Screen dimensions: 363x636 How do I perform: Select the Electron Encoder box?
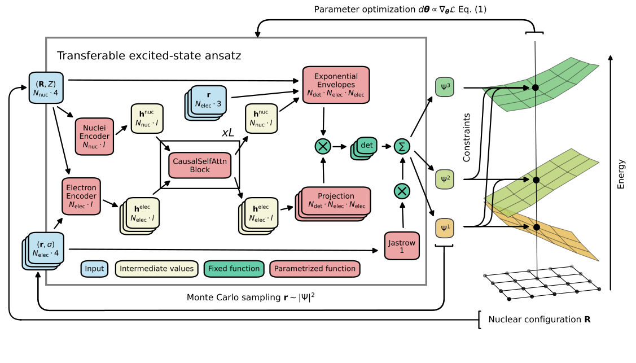81,196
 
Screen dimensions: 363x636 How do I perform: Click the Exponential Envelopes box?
336,85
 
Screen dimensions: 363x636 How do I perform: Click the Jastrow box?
401,246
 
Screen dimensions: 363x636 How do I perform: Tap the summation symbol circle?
402,146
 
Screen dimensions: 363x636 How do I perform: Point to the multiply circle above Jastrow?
402,191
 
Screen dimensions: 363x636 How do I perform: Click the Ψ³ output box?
444,88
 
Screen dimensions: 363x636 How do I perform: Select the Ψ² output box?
444,180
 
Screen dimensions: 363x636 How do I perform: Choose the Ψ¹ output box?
444,229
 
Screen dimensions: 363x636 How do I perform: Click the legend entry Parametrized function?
315,269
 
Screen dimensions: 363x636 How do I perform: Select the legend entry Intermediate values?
156,269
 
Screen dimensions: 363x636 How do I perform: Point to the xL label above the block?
228,133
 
